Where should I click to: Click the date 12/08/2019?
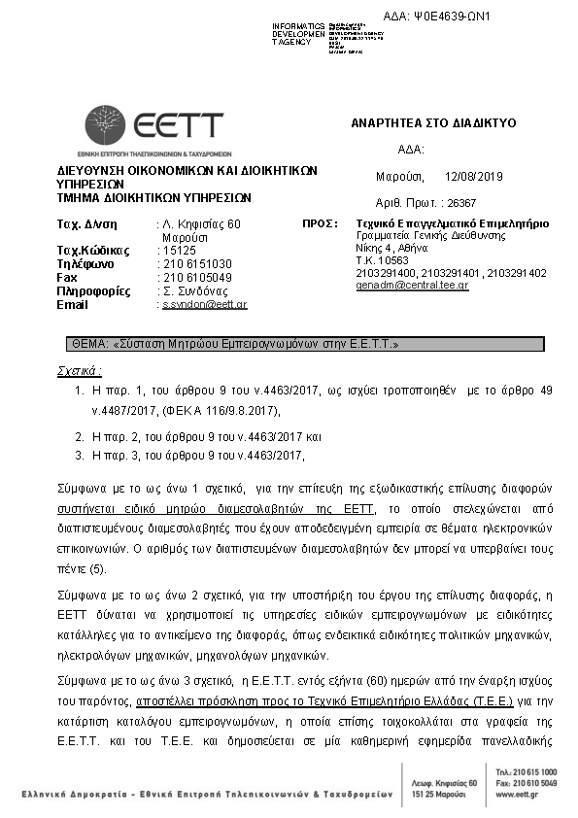coord(473,177)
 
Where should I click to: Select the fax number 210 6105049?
coord(197,278)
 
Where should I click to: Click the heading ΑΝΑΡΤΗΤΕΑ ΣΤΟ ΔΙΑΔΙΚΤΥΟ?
coord(432,124)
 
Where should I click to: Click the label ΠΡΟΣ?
coord(320,223)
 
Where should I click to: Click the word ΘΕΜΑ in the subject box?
coord(90,344)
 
